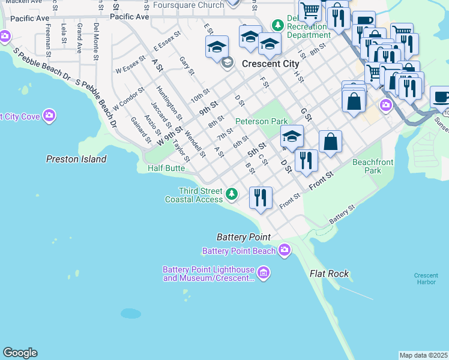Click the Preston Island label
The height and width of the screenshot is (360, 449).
(76, 159)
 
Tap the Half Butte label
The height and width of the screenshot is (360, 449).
(166, 169)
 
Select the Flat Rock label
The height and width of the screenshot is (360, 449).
(329, 274)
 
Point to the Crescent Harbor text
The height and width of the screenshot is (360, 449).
(426, 279)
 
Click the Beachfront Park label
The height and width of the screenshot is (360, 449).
(367, 166)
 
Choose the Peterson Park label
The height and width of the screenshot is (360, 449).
(262, 121)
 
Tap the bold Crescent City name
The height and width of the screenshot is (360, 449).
(270, 64)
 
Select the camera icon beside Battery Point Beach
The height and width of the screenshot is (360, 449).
(284, 250)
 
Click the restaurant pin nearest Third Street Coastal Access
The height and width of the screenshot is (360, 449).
(261, 197)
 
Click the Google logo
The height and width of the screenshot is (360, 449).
(20, 353)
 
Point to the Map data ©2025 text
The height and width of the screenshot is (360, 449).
(423, 355)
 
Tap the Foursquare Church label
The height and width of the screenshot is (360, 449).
(188, 5)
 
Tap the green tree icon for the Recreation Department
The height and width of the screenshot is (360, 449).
(277, 25)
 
